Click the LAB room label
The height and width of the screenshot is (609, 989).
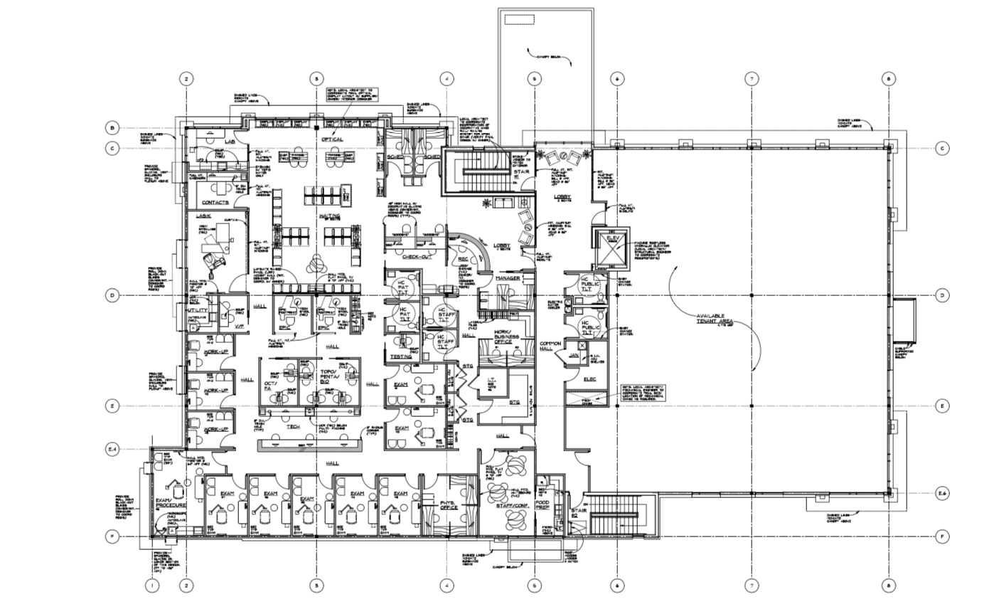pos(230,142)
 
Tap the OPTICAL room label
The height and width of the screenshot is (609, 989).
pos(332,139)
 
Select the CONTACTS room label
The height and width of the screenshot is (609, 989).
pos(215,203)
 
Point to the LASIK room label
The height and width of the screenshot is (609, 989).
pos(204,216)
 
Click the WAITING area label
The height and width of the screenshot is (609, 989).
pos(330,216)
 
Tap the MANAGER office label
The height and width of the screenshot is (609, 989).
pos(508,277)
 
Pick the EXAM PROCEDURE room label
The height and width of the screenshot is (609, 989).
pos(171,503)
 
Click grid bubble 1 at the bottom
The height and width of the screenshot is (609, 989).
pos(153,586)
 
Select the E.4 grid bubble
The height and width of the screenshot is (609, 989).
pos(112,449)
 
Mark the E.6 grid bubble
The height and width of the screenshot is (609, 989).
pos(942,494)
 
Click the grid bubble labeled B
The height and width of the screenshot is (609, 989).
pos(112,128)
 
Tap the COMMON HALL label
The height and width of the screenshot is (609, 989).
pos(550,346)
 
